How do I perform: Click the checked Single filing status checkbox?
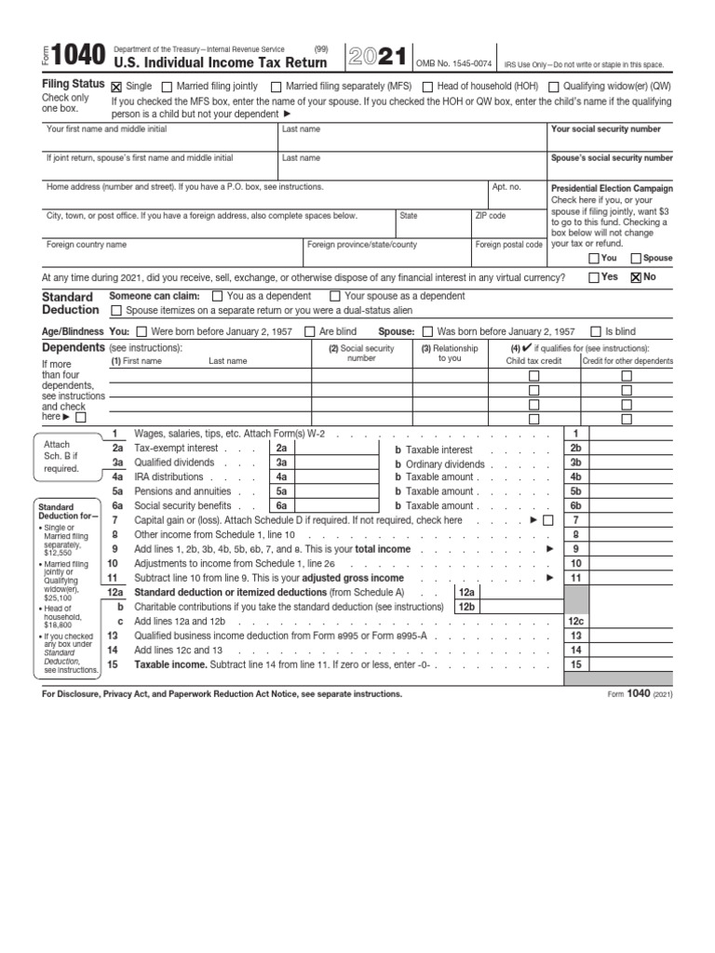(116, 87)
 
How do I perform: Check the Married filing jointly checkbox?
(168, 87)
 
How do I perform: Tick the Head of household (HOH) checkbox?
(427, 87)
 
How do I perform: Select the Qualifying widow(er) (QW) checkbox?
(554, 87)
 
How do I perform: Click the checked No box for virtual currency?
(636, 277)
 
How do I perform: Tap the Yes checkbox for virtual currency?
(594, 277)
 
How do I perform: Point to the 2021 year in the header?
(376, 57)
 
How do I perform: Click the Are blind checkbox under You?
(310, 331)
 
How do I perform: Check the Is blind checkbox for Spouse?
(596, 331)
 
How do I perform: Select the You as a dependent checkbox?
(218, 296)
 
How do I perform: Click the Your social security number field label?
(606, 129)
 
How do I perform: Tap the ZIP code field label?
(491, 216)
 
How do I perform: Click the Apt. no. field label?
(506, 187)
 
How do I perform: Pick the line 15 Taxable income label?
(170, 665)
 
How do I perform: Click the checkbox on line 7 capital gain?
(548, 520)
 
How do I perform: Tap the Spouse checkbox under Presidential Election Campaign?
(636, 259)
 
